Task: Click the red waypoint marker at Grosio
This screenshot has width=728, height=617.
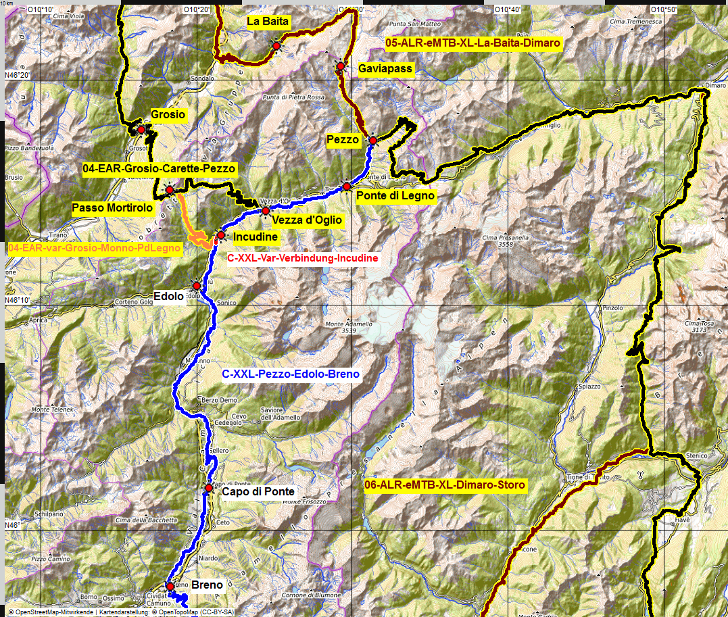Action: point(141,129)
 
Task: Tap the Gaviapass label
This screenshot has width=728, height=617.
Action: point(385,69)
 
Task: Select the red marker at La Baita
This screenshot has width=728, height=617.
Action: point(276,45)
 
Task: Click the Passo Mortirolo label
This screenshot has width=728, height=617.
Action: point(112,208)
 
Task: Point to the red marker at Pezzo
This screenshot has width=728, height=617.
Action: point(372,140)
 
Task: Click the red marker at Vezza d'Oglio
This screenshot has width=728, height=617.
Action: point(266,211)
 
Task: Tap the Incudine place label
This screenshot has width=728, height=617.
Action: point(256,237)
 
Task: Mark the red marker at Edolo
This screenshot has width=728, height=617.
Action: point(197,285)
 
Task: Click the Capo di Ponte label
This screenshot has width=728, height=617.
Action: point(258,492)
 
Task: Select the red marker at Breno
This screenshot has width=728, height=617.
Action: point(170,586)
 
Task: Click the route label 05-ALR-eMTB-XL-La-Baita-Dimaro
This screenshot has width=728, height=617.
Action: point(473,43)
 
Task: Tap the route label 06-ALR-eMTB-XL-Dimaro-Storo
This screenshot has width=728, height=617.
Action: point(444,485)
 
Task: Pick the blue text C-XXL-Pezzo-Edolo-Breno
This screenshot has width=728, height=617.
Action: point(291,374)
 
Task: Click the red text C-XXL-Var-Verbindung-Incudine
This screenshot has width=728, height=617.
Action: point(303,258)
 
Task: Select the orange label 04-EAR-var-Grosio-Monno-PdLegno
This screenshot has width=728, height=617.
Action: point(95,249)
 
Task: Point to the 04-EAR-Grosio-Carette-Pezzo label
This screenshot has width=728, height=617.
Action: point(160,168)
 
